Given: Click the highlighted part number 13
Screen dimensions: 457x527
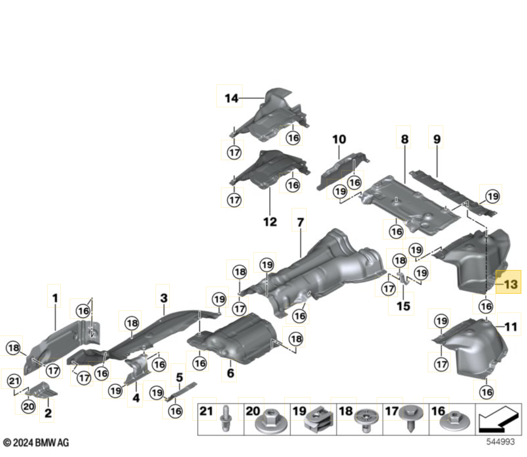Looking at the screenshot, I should pyautogui.click(x=509, y=284).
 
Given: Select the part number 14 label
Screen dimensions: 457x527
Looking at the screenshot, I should pyautogui.click(x=231, y=98).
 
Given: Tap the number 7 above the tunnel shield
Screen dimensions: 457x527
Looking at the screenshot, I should pyautogui.click(x=300, y=223).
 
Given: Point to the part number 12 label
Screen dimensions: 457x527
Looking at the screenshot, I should pyautogui.click(x=270, y=222).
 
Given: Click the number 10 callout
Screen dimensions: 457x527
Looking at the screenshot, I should pyautogui.click(x=339, y=140).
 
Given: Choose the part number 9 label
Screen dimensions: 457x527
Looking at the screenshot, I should pyautogui.click(x=437, y=140).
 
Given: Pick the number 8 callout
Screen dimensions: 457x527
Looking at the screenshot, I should pyautogui.click(x=404, y=140).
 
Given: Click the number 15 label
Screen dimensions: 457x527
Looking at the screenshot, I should pyautogui.click(x=403, y=306).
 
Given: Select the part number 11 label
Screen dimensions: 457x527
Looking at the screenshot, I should pyautogui.click(x=511, y=326).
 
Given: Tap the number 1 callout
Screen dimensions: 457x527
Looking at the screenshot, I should pyautogui.click(x=55, y=298).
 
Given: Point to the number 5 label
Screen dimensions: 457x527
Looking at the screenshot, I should pyautogui.click(x=179, y=377).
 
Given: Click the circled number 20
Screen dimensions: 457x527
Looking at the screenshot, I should pyautogui.click(x=29, y=406).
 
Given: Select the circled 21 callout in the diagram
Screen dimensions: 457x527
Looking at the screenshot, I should pyautogui.click(x=14, y=380).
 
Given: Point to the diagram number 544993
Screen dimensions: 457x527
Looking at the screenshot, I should pyautogui.click(x=500, y=442).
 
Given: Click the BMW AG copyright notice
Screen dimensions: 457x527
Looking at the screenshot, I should pyautogui.click(x=35, y=443).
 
